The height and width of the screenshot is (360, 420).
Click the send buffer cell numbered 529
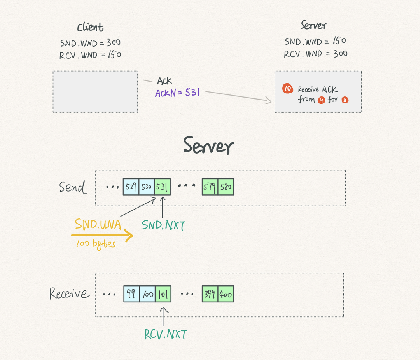point(131,187)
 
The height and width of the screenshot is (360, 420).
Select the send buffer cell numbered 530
point(147,187)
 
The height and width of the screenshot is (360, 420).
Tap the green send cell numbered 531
point(163,187)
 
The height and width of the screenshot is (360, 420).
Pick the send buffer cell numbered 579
point(210,187)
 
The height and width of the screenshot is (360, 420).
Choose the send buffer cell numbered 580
point(226,187)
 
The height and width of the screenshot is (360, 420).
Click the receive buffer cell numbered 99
point(131,294)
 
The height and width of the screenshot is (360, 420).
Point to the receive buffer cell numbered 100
point(147,294)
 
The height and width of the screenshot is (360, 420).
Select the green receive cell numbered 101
point(163,294)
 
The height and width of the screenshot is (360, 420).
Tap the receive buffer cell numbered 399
point(210,294)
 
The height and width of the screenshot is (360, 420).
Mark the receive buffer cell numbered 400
point(226,294)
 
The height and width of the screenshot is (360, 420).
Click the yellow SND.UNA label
point(98,224)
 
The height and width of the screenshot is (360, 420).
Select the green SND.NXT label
point(163,225)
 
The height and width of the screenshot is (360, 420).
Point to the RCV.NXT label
point(165,334)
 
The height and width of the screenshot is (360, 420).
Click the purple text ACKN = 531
point(177,93)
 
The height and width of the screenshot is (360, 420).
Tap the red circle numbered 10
point(288,88)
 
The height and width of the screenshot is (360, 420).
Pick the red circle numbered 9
point(322,100)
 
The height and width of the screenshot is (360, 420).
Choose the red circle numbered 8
point(345,100)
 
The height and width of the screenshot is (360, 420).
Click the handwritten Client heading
point(90,27)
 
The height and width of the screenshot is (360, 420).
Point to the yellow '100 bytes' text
point(96,244)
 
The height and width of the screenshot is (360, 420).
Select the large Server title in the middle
point(208,145)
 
